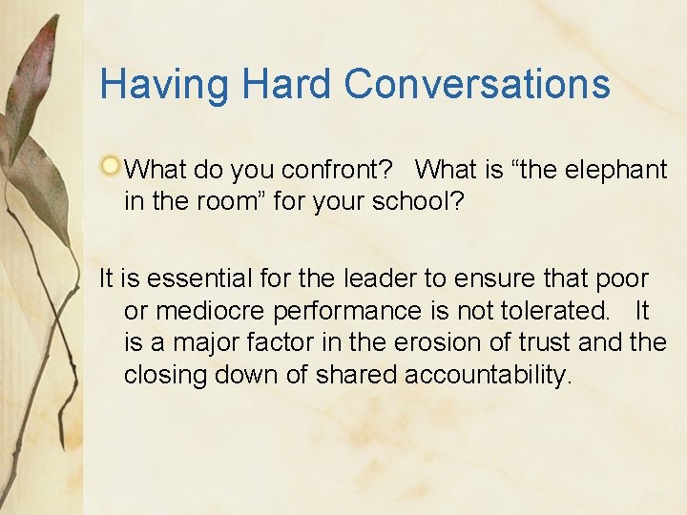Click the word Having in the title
tap(164, 84)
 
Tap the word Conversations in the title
tap(477, 84)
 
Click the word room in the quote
tap(226, 202)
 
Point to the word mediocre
tap(209, 312)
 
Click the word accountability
tap(489, 375)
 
